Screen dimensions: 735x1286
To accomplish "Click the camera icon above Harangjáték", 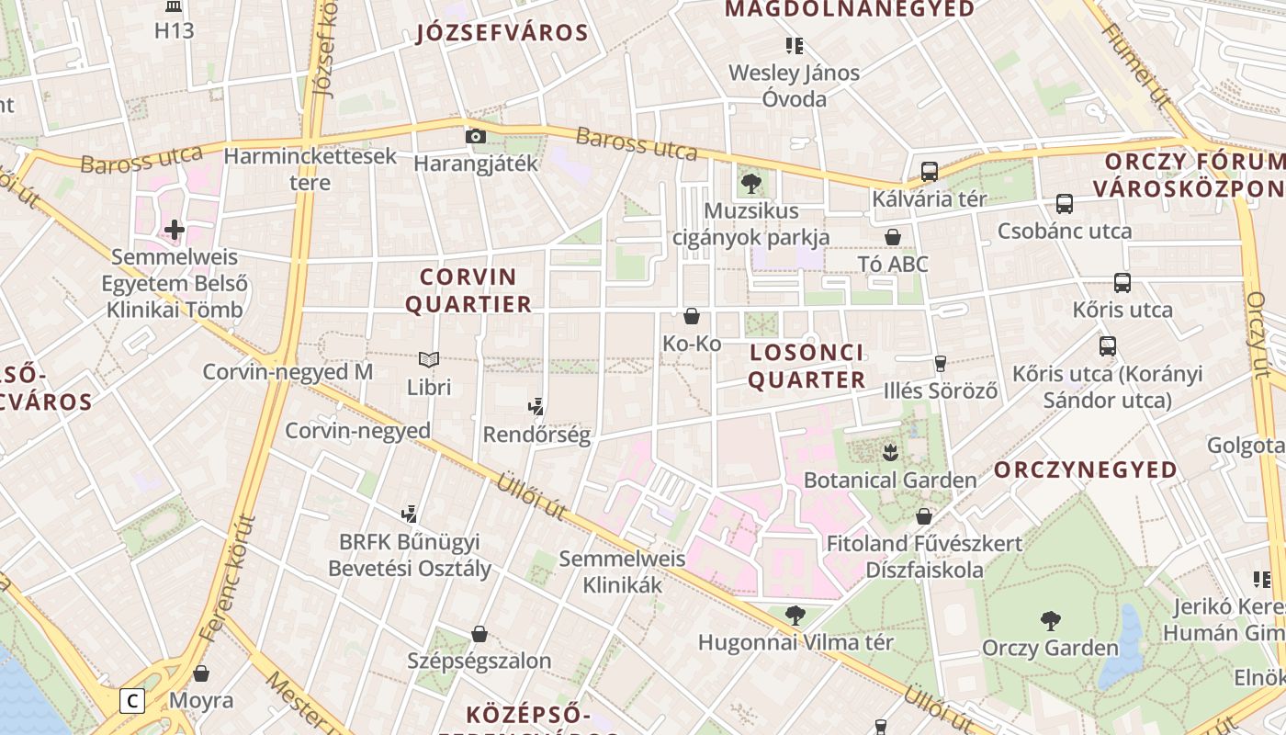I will point(475,137).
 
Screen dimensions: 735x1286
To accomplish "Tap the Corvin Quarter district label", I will point(468,290).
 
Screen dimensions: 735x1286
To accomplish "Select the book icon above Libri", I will point(429,359).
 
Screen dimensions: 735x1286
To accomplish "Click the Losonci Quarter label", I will point(807,366).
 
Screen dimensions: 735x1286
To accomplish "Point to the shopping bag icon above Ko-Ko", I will point(692,316).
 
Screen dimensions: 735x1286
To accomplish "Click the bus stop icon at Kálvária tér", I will point(930,171).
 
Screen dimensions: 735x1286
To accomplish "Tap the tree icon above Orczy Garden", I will point(1050,621).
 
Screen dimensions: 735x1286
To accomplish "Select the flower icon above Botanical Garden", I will point(889,452).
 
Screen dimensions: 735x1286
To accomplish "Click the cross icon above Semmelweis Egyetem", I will point(175,229).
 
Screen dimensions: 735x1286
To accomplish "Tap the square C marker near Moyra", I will point(133,701).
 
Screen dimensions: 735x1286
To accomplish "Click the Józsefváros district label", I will point(502,34).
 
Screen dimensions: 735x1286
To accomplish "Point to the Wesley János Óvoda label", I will point(795,85).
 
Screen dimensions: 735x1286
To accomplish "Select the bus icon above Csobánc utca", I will point(1064,204).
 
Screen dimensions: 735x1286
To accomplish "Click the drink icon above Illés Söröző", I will point(940,363).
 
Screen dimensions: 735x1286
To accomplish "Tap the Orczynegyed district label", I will point(1085,469).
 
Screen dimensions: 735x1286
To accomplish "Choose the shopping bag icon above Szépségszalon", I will point(479,634).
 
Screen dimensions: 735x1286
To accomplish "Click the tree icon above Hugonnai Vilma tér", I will point(795,615).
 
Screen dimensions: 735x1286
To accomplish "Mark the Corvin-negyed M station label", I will point(288,372).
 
